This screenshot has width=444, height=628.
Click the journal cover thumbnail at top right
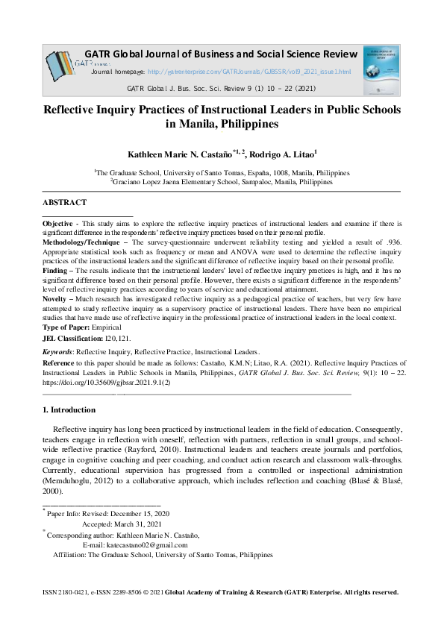point(381,69)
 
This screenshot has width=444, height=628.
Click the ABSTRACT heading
point(64,203)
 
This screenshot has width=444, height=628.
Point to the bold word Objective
point(57,224)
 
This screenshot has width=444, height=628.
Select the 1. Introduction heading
point(69,409)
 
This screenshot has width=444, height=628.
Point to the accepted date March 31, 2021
point(143,524)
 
